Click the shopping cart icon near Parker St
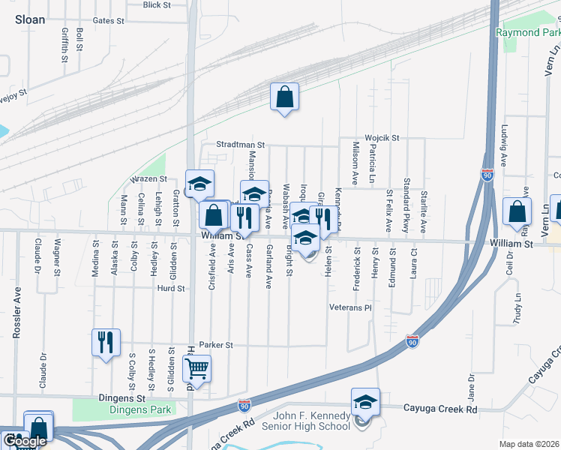196,368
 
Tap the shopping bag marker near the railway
285,97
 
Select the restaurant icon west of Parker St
106,343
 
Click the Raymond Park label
527,33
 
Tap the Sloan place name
30,20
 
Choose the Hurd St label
171,287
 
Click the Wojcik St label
382,138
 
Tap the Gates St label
109,21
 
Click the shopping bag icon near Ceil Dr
517,212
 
